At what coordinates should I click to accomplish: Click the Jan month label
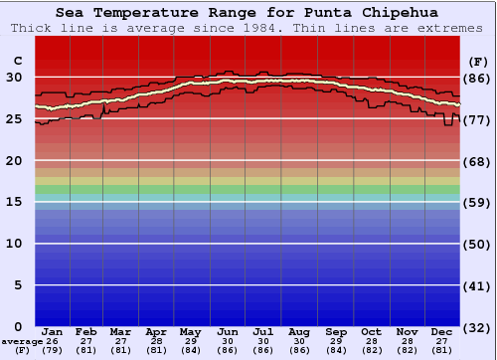pos(53,331)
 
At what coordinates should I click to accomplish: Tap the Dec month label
pos(442,331)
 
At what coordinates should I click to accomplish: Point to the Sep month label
pos(336,331)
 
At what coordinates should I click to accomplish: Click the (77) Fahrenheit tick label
pos(477,119)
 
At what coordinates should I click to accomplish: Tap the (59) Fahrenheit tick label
pos(477,203)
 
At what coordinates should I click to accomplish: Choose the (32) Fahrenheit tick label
pos(477,327)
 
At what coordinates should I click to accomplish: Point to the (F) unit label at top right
pos(477,62)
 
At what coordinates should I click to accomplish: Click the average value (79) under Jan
pos(53,350)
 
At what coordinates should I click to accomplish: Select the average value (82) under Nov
pos(407,350)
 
